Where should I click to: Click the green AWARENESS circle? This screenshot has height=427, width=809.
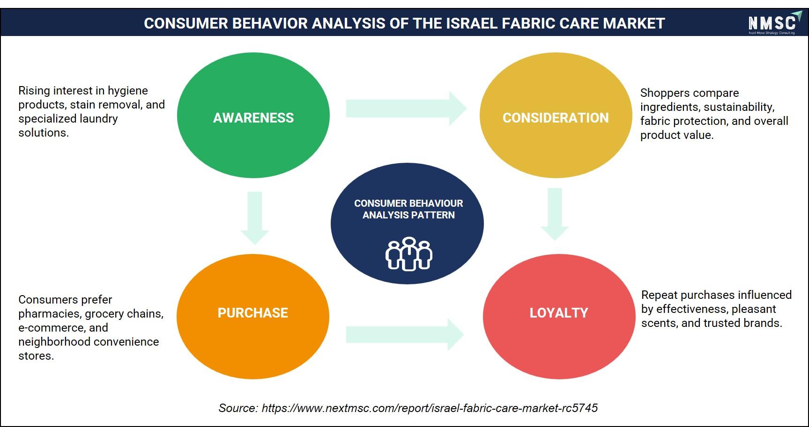(253, 116)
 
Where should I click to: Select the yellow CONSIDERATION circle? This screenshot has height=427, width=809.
(556, 116)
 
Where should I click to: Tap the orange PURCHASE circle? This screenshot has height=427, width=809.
(253, 316)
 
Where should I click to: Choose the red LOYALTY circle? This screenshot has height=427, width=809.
(559, 316)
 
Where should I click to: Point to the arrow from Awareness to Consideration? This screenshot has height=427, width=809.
(406, 109)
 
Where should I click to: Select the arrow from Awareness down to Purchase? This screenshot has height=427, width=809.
(254, 218)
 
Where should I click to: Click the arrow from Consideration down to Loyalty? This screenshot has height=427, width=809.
(555, 214)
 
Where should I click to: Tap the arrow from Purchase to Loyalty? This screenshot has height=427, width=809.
(405, 334)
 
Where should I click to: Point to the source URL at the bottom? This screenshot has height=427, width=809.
(430, 408)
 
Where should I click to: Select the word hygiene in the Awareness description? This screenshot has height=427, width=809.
(128, 91)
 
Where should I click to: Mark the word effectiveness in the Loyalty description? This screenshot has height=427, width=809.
(690, 309)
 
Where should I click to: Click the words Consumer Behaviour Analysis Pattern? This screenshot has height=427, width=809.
(408, 209)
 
